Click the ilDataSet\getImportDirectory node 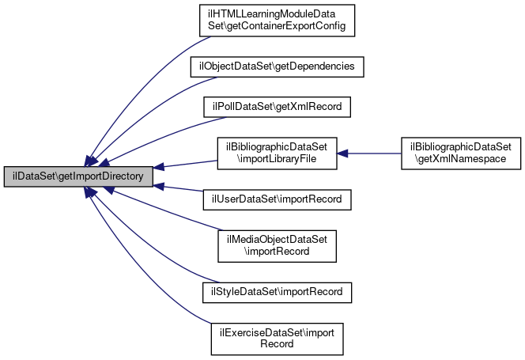click(77, 176)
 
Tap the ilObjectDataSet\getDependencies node click(277, 67)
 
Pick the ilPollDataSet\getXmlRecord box click(277, 107)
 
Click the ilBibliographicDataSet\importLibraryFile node click(277, 153)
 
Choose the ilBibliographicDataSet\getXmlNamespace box click(463, 153)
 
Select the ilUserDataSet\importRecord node click(277, 199)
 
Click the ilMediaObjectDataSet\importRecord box click(277, 245)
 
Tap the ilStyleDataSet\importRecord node click(277, 291)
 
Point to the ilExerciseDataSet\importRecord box click(277, 337)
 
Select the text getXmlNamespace click(463, 159)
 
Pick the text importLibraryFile click(277, 159)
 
